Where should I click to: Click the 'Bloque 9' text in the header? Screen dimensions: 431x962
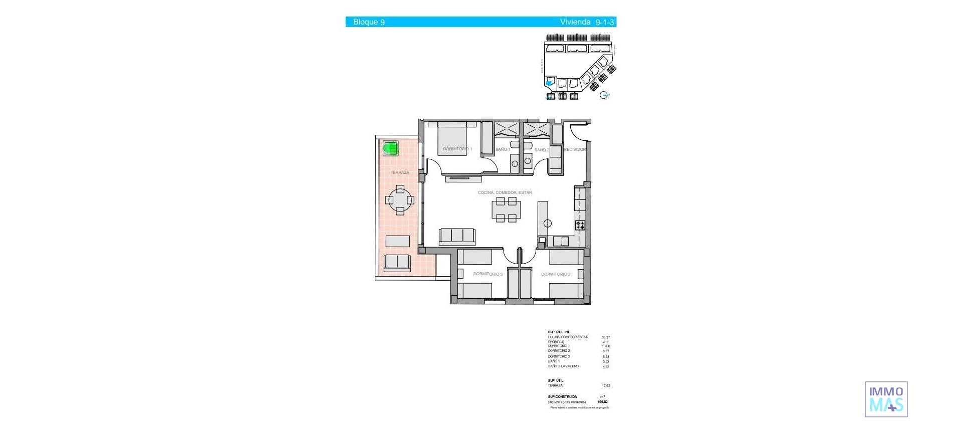[x=369, y=22]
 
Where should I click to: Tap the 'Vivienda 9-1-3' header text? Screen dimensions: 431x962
[x=587, y=22]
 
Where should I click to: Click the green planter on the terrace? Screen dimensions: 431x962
[x=390, y=148]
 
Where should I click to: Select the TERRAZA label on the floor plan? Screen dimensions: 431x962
[x=400, y=172]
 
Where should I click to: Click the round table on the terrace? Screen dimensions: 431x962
[x=400, y=200]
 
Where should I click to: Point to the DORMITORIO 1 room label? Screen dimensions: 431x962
[x=457, y=149]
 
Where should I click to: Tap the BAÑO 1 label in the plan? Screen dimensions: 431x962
[x=503, y=149]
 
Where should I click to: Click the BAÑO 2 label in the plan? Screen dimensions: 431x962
[x=541, y=150]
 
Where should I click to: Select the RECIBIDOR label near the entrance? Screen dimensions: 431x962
[x=575, y=149]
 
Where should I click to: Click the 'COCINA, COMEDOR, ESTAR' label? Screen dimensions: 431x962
[x=505, y=192]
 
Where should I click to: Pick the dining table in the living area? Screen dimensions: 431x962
[x=506, y=209]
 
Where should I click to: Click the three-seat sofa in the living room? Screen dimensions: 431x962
[x=457, y=236]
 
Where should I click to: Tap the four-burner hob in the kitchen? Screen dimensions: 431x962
[x=580, y=225]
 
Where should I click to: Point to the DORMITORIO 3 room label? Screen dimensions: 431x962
[x=488, y=274]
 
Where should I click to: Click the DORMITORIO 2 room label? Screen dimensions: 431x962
[x=556, y=274]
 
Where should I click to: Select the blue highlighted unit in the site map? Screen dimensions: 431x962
[x=549, y=83]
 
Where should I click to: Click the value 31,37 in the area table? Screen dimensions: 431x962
[x=606, y=337]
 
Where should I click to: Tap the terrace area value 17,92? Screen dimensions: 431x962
[x=606, y=386]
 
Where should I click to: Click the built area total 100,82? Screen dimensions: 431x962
[x=602, y=402]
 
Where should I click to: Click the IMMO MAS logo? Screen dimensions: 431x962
[x=886, y=399]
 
